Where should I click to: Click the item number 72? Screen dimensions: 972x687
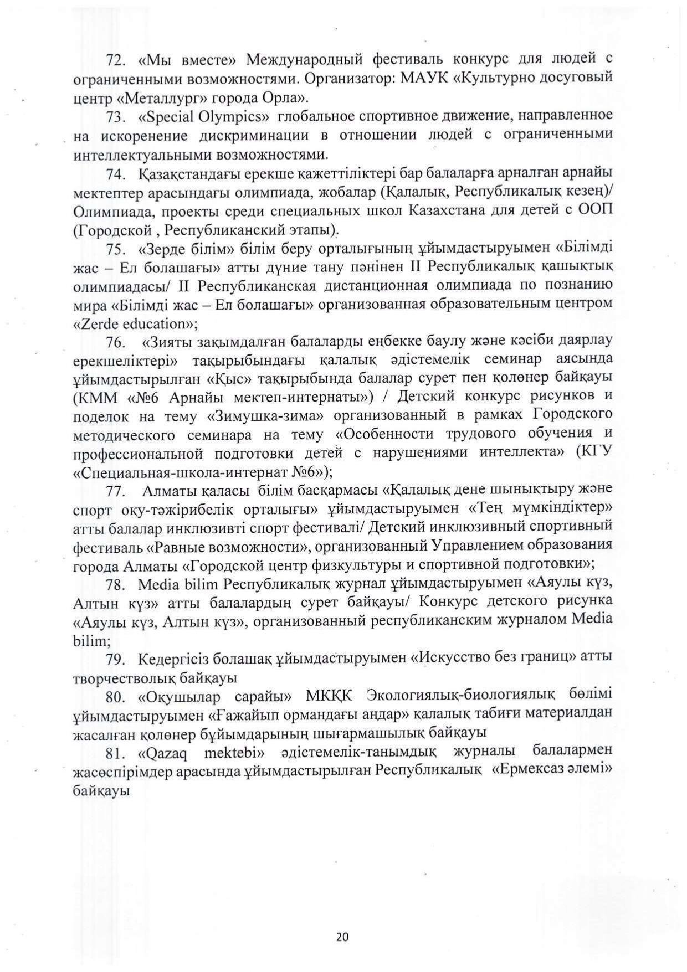117,59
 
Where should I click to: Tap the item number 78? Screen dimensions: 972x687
117,584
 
